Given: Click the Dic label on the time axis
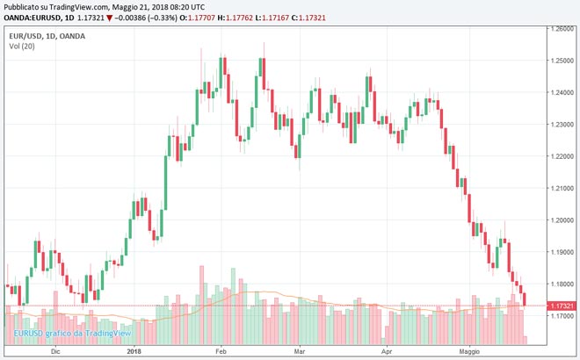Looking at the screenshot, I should click(x=55, y=350).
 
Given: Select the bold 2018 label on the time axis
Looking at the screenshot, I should click(x=134, y=350).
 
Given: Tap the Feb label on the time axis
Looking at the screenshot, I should click(x=221, y=350).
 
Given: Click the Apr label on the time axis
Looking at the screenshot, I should click(x=387, y=350).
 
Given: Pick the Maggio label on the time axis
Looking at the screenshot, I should click(x=471, y=350).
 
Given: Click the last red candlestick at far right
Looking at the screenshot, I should click(x=525, y=299).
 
